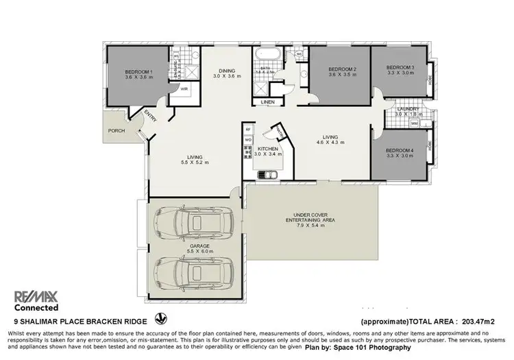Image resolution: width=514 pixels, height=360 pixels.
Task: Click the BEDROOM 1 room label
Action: point(138,72)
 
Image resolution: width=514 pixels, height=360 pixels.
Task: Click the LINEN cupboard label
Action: point(267,103)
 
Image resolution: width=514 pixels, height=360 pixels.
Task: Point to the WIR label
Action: point(184,88)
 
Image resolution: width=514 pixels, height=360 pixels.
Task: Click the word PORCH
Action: point(117,130)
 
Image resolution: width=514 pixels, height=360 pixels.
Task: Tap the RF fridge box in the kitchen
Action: point(248,129)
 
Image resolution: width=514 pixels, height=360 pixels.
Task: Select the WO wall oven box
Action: point(248,140)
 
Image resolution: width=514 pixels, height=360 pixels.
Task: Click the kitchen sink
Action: point(267,174)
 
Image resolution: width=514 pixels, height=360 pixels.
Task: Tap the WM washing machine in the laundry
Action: point(414,123)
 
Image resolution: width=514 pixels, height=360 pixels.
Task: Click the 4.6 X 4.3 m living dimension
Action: point(330,143)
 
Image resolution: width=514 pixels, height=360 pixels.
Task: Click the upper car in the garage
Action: point(194,221)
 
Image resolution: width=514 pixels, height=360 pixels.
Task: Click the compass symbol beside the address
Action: point(162,319)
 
